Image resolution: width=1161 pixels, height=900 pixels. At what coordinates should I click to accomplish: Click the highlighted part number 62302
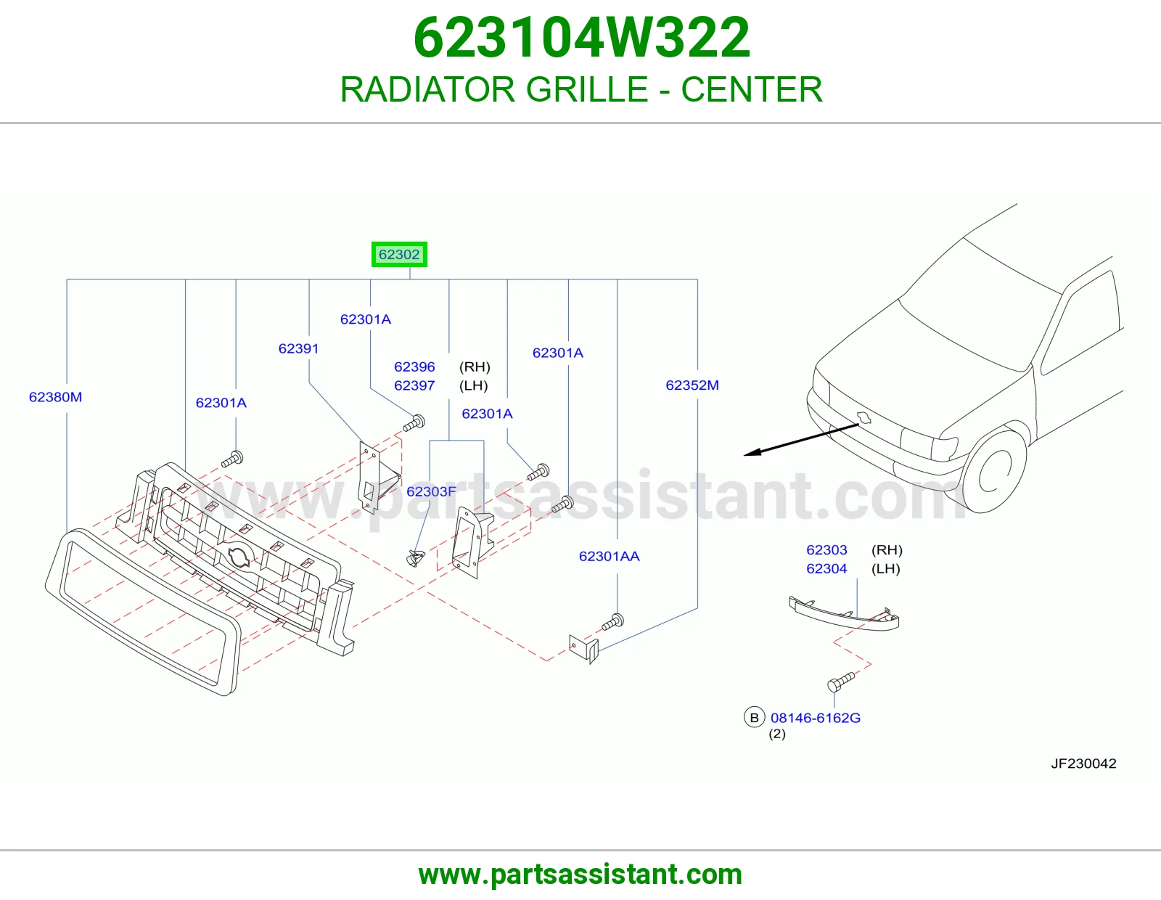(399, 254)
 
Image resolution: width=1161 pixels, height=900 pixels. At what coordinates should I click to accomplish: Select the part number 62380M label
(56, 397)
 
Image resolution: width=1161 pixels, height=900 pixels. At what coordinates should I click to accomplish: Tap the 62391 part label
(298, 348)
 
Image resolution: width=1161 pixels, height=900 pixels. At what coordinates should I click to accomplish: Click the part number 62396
(414, 367)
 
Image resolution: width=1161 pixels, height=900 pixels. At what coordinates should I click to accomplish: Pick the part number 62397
(414, 385)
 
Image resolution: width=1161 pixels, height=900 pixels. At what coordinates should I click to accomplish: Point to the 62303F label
(431, 491)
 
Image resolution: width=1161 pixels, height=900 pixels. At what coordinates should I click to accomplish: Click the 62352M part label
(692, 385)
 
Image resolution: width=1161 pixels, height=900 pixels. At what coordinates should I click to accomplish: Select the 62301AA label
(609, 557)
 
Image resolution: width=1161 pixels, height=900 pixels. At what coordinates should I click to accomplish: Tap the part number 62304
(826, 568)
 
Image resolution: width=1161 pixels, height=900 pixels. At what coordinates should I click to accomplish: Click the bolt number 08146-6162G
(816, 718)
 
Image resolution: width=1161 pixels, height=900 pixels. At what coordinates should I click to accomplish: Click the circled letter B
(755, 717)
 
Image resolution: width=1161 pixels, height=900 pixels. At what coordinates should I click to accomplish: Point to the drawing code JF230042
(1083, 763)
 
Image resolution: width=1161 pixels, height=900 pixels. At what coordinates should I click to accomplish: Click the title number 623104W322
(582, 38)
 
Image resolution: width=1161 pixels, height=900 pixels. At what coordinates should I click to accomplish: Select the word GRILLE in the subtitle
(586, 89)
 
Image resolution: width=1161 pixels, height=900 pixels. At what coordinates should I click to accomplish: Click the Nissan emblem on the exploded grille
(239, 557)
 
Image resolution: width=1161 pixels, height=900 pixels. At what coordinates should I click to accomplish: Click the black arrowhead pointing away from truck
(752, 453)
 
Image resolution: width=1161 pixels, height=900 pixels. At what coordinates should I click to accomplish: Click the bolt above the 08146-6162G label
(840, 682)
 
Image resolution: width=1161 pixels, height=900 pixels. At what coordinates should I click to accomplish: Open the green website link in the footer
(580, 875)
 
